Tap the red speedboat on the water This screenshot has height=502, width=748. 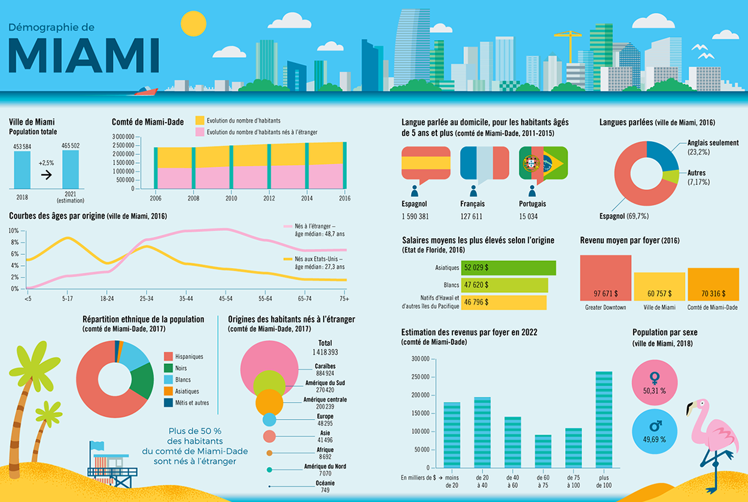click(x=146, y=91)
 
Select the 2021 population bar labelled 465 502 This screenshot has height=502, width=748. click(x=71, y=169)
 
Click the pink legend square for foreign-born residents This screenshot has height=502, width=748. click(x=200, y=132)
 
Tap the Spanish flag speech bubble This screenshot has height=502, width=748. click(x=425, y=163)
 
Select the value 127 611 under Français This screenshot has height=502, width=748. click(x=472, y=217)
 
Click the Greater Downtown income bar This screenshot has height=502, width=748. click(x=606, y=278)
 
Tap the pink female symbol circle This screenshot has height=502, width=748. click(x=654, y=381)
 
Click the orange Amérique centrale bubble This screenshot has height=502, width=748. click(x=269, y=402)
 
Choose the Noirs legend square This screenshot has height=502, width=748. click(x=168, y=369)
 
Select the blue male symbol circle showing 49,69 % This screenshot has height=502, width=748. click(x=654, y=430)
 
